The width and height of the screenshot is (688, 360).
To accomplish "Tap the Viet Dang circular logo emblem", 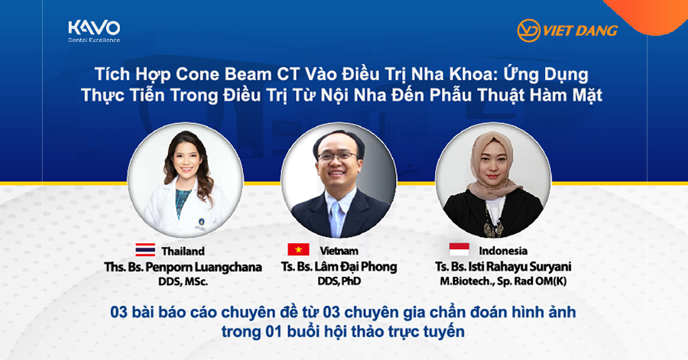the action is click(x=528, y=31).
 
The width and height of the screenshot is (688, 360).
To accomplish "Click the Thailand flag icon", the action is click(x=144, y=250).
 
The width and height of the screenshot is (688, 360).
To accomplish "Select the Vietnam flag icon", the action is click(x=298, y=250).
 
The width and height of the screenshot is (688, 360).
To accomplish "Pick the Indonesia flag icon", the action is click(x=459, y=250).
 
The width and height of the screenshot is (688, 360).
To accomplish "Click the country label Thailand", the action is click(x=183, y=251).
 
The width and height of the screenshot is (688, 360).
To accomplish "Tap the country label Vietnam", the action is click(x=339, y=251).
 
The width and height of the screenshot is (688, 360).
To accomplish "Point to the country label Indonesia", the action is click(x=503, y=251).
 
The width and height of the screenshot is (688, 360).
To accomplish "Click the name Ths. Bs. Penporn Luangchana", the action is click(x=183, y=267).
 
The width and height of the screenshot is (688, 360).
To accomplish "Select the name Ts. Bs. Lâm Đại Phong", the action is click(x=339, y=267).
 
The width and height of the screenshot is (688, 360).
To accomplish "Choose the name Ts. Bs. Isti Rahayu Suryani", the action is click(x=503, y=267).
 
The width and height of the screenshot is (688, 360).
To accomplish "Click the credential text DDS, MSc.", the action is click(x=183, y=282).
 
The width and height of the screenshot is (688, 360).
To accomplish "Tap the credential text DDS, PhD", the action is click(x=339, y=281).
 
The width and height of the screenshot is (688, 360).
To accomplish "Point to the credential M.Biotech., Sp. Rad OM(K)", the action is click(x=503, y=281).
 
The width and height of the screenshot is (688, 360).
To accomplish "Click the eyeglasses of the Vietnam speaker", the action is click(x=338, y=156).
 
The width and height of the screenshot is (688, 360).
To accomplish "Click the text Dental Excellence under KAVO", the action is click(x=94, y=41).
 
